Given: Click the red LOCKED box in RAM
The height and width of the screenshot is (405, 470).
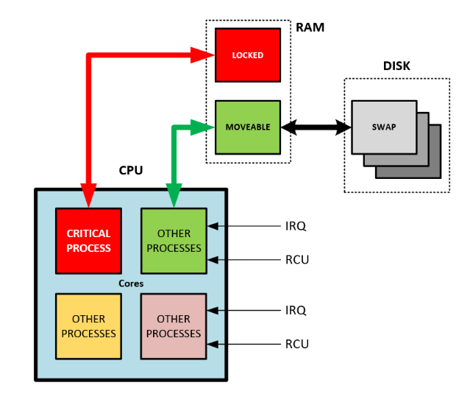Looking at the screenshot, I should (247, 55).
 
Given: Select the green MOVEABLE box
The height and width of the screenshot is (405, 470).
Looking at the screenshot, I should (247, 127).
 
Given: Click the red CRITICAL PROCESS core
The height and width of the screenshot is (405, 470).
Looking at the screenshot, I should (88, 241).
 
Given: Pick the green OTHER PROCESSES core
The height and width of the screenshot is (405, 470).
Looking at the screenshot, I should (174, 241).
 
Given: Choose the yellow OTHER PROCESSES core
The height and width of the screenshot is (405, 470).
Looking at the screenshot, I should (88, 326).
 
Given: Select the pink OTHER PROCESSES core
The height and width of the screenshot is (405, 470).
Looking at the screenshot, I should (174, 326).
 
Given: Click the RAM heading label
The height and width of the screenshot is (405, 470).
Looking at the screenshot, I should (310, 28).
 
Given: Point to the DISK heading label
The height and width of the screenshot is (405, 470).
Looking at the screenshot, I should (396, 66).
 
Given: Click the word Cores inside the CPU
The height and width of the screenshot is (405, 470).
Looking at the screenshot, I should (131, 283).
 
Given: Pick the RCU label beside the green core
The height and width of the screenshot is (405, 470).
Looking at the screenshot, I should (296, 258).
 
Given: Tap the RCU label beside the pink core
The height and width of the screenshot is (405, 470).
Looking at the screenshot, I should (296, 344).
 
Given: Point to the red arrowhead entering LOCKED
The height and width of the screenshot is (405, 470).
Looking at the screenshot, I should (202, 55).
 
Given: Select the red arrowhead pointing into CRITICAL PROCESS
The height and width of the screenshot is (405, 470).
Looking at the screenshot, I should (88, 197).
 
